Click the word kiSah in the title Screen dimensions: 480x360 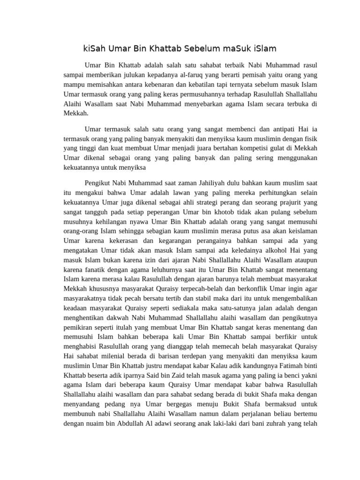click(94, 48)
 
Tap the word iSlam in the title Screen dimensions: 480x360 click(264, 48)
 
